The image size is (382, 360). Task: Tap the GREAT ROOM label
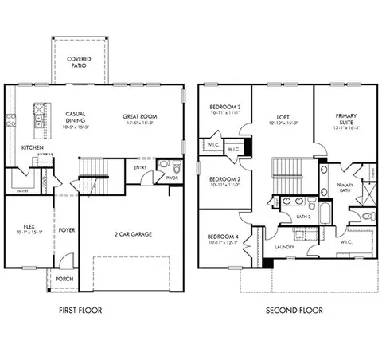coord(139,117)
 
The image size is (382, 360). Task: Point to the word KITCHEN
coord(32,147)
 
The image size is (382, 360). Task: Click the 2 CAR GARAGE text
coord(133,234)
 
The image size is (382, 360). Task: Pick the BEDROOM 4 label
coord(224,239)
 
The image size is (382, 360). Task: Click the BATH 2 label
coord(303,216)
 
